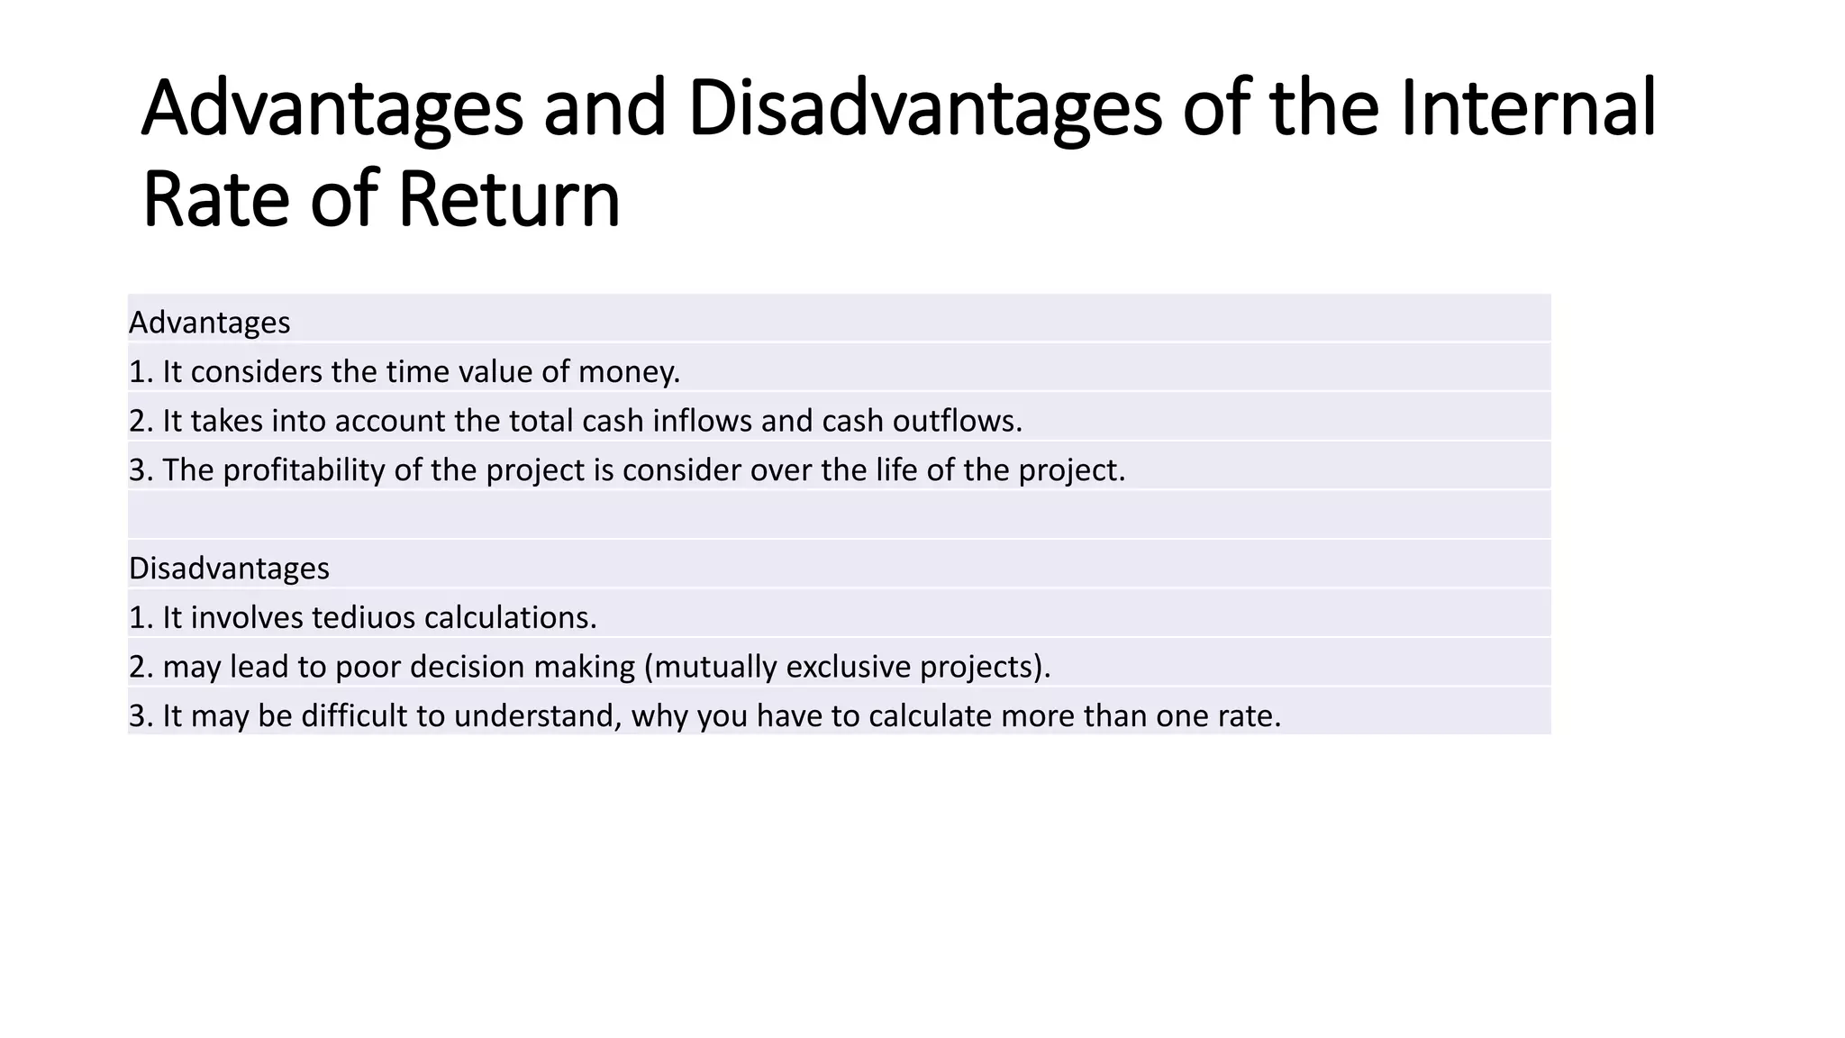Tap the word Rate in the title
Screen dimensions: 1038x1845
click(215, 200)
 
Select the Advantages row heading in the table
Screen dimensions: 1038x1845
click(209, 323)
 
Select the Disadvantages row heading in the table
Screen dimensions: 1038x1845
click(229, 569)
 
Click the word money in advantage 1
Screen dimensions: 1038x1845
click(627, 372)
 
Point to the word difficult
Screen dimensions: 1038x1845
click(353, 716)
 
